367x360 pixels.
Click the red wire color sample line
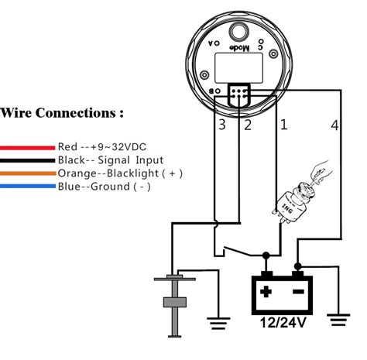point(27,148)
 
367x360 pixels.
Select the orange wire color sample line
point(28,173)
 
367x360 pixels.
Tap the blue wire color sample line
point(28,186)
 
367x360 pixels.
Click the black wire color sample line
point(27,160)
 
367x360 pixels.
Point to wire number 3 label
point(222,125)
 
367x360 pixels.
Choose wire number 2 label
point(248,125)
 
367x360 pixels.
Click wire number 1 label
point(283,125)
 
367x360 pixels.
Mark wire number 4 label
point(334,125)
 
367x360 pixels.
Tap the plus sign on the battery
point(266,292)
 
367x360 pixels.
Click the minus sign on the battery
point(298,292)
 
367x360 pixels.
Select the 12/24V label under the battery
point(283,323)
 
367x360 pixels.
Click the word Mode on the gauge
point(239,48)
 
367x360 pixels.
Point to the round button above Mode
point(238,32)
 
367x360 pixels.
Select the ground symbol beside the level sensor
point(218,324)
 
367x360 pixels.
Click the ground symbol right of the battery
point(338,321)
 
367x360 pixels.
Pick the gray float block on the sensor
point(175,302)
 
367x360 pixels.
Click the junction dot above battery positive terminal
point(266,255)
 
